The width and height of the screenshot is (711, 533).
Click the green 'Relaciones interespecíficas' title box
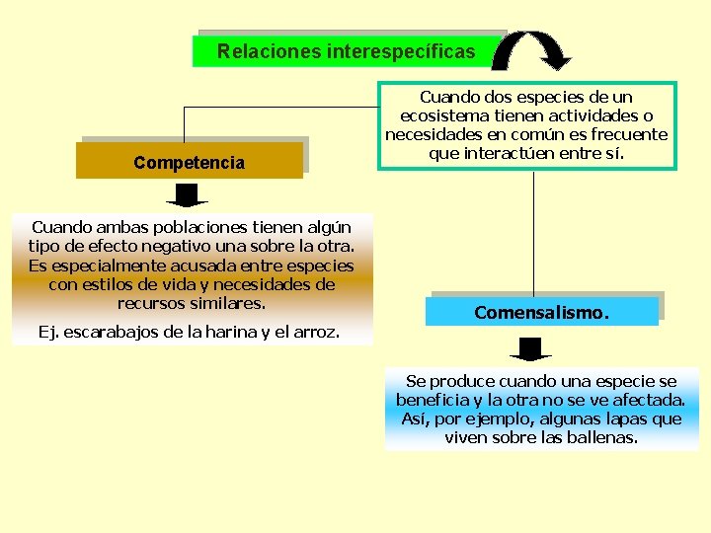346,50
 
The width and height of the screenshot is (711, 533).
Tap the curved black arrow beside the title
531,50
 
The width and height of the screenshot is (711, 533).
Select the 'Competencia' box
190,162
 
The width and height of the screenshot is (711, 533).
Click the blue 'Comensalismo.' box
542,312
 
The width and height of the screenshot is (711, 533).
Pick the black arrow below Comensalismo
530,349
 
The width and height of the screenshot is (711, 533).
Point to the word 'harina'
222,332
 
